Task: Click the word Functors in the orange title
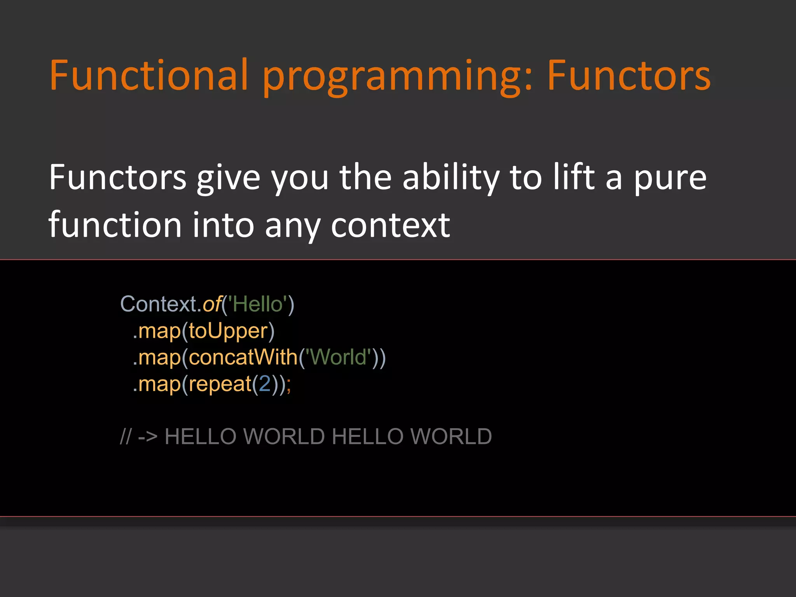point(628,75)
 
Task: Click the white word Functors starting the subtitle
point(117,177)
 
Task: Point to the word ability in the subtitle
point(450,178)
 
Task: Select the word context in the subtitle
point(390,225)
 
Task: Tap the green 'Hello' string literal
point(257,304)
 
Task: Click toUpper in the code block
point(229,331)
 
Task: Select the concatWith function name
point(243,357)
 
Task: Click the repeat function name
point(220,384)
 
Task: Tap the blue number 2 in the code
point(265,384)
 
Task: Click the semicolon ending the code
point(288,385)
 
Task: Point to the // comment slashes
point(126,436)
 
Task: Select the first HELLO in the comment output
point(200,436)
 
